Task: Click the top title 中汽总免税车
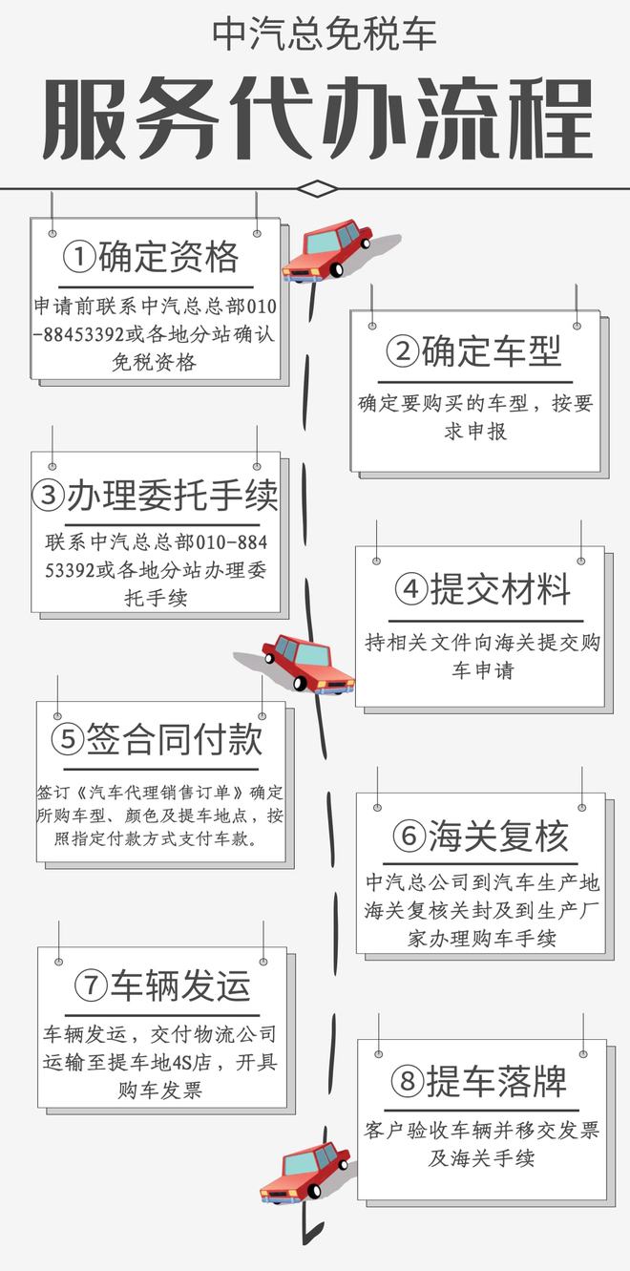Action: [325, 34]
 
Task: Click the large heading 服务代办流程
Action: [318, 118]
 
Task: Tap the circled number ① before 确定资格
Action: [79, 257]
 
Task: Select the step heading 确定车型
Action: [491, 351]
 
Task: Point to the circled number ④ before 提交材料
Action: [411, 589]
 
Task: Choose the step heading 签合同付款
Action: [175, 739]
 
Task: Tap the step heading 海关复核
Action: [498, 836]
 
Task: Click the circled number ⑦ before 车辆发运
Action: [91, 985]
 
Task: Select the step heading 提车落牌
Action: [496, 1082]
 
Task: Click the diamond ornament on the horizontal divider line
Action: [317, 188]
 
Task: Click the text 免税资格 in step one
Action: [155, 362]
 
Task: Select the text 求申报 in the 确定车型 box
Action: [475, 432]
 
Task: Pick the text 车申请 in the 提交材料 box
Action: [483, 670]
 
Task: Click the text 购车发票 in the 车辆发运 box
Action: [160, 1090]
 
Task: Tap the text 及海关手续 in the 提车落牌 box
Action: [481, 1158]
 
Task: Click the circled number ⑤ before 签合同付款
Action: [68, 739]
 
